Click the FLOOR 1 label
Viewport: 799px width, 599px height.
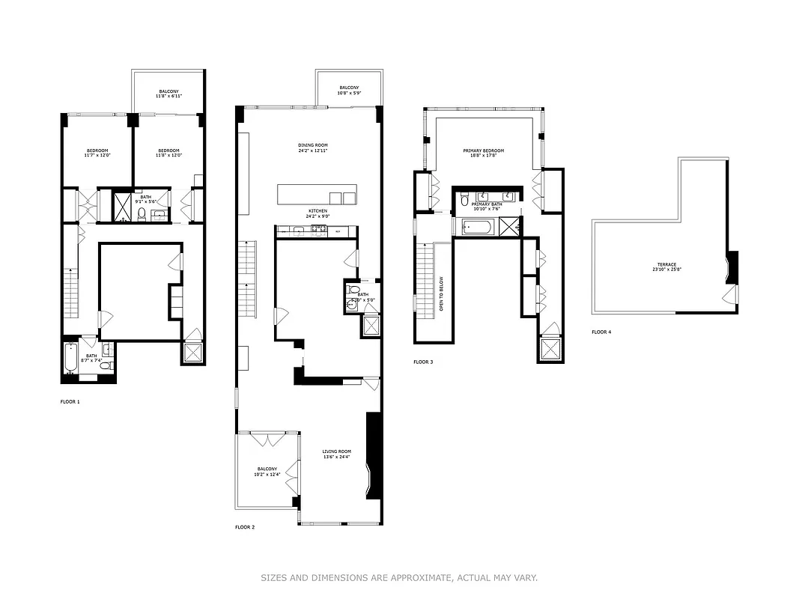(x=70, y=401)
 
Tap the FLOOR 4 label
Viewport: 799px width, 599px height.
(x=601, y=332)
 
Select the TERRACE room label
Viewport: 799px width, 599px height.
(x=666, y=267)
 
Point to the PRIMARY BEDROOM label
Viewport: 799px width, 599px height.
(x=482, y=153)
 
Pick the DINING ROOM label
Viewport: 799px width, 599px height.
(x=313, y=148)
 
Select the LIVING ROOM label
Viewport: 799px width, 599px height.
(x=336, y=454)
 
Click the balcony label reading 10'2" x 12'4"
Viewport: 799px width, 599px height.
(x=267, y=472)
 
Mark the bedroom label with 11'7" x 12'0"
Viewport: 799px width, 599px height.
(x=97, y=153)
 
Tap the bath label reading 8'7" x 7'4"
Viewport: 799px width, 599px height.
(x=91, y=358)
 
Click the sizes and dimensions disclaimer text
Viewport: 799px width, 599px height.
(x=399, y=577)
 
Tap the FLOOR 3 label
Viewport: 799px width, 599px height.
(x=423, y=362)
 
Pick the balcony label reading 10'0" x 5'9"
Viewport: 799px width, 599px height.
(x=349, y=90)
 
